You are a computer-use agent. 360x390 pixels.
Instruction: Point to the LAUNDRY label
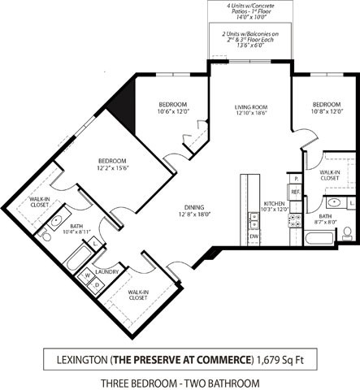click(x=108, y=272)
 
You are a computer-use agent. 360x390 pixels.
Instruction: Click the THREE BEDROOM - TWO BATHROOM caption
click(x=180, y=383)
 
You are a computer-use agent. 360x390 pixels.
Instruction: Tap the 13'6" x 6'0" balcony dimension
click(x=249, y=46)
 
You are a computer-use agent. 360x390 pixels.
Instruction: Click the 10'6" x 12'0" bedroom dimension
click(x=171, y=112)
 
